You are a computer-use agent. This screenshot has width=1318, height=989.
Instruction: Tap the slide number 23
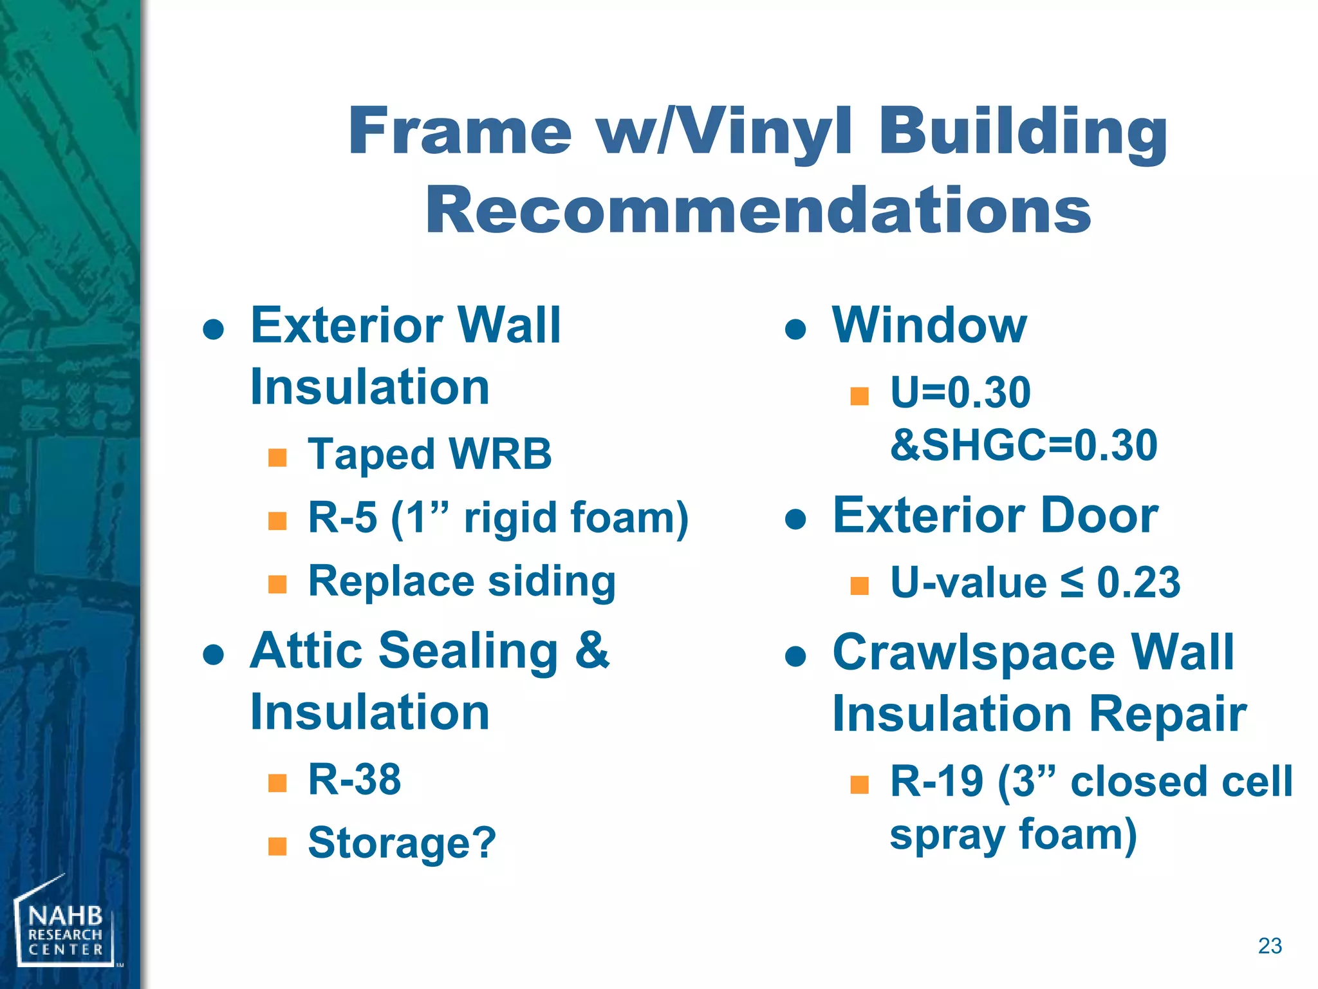click(x=1270, y=946)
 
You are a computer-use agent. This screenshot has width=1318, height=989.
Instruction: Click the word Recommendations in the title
click(x=757, y=211)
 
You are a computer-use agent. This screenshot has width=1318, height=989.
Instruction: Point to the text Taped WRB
click(x=429, y=454)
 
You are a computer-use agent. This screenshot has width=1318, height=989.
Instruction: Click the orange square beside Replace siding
click(x=277, y=584)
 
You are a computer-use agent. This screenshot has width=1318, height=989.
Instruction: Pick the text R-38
click(x=355, y=779)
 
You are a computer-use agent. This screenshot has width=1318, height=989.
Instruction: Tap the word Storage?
click(x=402, y=843)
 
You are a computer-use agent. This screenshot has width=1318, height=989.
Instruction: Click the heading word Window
click(x=929, y=326)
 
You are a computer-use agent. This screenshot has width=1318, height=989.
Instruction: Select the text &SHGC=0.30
click(x=1023, y=446)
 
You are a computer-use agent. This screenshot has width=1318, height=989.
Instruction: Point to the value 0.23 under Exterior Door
click(x=1138, y=583)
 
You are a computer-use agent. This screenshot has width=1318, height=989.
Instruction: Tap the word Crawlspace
click(x=973, y=653)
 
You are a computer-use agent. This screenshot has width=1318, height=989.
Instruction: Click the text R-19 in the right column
click(x=936, y=782)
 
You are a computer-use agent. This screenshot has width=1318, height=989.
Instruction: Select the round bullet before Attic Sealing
click(x=213, y=655)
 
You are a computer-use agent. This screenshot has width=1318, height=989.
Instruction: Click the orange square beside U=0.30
click(x=859, y=395)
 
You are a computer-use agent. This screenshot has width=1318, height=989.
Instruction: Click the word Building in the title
click(x=1023, y=132)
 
